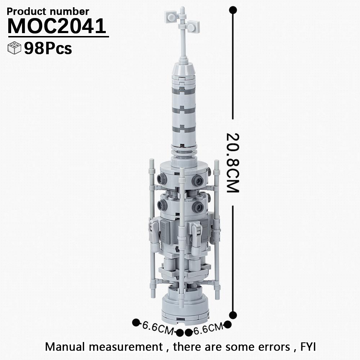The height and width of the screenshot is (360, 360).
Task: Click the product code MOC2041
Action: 57,26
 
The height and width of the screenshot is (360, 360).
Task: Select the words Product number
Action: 48,12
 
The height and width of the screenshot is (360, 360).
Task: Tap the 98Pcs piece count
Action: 48,49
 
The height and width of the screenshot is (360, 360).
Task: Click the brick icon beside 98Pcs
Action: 14,49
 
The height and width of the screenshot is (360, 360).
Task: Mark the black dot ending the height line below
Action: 233,314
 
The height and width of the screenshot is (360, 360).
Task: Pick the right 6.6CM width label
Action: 208,328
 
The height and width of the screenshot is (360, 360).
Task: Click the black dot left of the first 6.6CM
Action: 136,322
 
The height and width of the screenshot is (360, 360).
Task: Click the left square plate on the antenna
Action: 170,15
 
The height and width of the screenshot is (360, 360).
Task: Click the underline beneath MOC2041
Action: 58,36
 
